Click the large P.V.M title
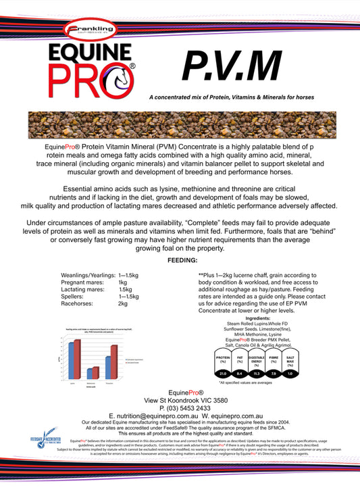pyautogui.click(x=231, y=65)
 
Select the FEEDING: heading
pyautogui.click(x=179, y=259)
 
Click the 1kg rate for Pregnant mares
pyautogui.click(x=123, y=282)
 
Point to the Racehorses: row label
pyautogui.click(x=79, y=303)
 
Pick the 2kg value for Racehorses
pyautogui.click(x=123, y=303)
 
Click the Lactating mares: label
pyautogui.click(x=84, y=289)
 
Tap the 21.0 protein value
pyautogui.click(x=222, y=372)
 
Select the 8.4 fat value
pyautogui.click(x=239, y=372)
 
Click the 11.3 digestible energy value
pyautogui.click(x=257, y=372)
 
